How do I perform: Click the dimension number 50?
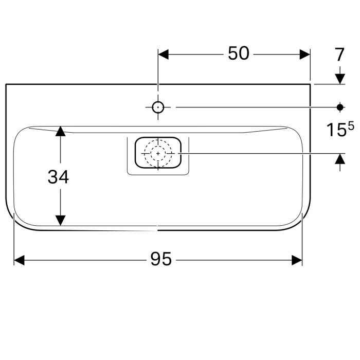point(239,53)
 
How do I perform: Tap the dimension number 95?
point(161,260)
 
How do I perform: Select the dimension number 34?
point(58,177)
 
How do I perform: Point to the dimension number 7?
point(339,55)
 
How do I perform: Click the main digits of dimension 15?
point(336,130)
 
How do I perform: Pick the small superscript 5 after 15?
point(351,125)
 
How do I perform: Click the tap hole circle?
point(158,107)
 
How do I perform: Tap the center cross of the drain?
point(158,153)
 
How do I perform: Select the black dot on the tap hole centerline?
point(339,107)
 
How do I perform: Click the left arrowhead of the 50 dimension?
point(163,54)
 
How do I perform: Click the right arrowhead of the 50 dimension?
point(305,54)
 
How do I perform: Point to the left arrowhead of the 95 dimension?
point(19,260)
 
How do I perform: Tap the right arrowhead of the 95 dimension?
point(297,260)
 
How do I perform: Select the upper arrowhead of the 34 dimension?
point(61,131)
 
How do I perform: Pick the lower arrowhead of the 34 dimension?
point(61,220)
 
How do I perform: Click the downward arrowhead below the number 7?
point(339,79)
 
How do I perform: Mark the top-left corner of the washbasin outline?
point(6,84)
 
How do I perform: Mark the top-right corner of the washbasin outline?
point(311,84)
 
